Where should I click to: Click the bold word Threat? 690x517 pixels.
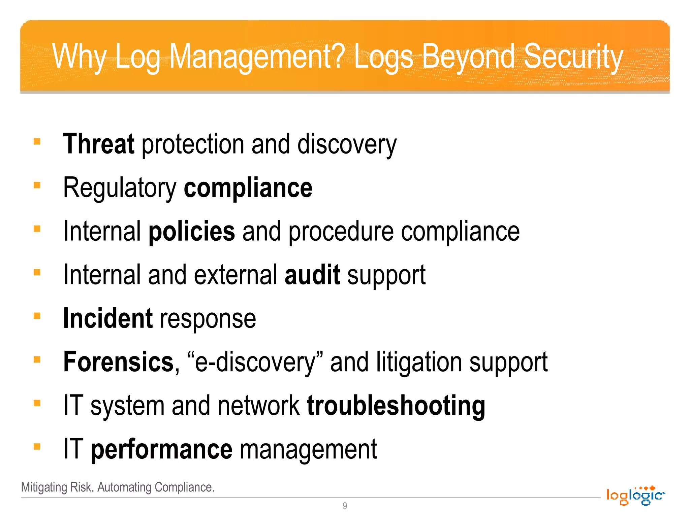pyautogui.click(x=99, y=144)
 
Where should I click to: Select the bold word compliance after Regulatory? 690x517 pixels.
pyautogui.click(x=248, y=188)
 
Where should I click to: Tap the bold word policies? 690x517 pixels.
pyautogui.click(x=192, y=232)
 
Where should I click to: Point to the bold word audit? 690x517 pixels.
pyautogui.click(x=312, y=275)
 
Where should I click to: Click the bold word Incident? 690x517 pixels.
pyautogui.click(x=108, y=318)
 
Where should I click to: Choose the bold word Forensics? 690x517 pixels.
pyautogui.click(x=118, y=362)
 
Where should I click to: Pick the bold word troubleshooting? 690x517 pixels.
pyautogui.click(x=396, y=406)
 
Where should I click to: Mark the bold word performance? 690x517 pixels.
pyautogui.click(x=161, y=449)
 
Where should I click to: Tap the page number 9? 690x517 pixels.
pyautogui.click(x=345, y=506)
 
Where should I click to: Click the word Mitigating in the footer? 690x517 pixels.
pyautogui.click(x=44, y=487)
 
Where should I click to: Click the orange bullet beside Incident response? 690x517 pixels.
pyautogui.click(x=37, y=316)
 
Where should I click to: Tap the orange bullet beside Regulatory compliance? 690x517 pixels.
pyautogui.click(x=37, y=185)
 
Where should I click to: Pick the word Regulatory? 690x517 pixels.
pyautogui.click(x=120, y=188)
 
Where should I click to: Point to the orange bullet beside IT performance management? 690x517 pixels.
pyautogui.click(x=37, y=447)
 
